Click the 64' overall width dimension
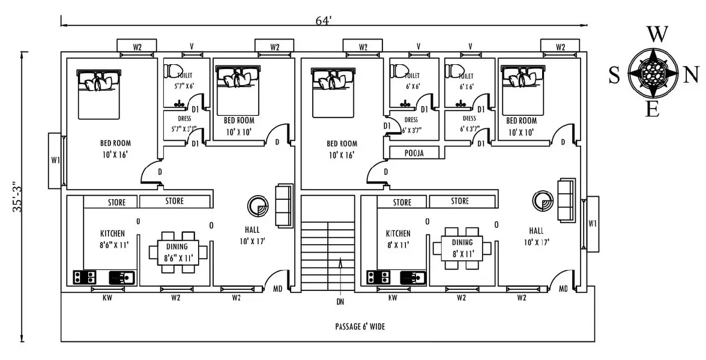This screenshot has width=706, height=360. point(324,20)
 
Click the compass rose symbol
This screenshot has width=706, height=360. point(653,74)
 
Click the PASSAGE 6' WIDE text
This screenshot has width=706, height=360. point(360,327)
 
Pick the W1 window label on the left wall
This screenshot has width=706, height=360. point(55,160)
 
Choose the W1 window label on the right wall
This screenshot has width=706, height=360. point(593,224)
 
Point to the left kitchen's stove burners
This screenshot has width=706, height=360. point(85,277)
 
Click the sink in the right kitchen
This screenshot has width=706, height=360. point(414,277)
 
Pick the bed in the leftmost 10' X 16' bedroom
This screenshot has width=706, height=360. point(99,94)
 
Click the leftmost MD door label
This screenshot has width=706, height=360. point(277,289)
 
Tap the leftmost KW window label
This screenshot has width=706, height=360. point(107,298)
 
